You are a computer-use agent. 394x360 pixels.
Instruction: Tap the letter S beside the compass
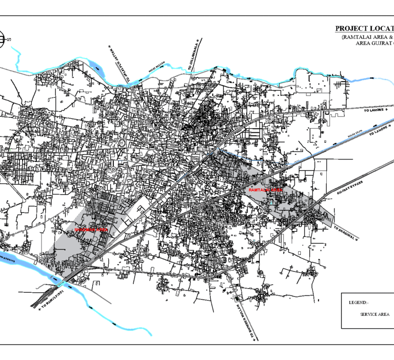coord(9,39)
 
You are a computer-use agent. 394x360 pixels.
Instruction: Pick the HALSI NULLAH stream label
coord(156,66)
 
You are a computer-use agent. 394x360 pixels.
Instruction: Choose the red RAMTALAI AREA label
coord(265,190)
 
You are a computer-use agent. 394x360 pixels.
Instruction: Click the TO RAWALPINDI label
coord(50,297)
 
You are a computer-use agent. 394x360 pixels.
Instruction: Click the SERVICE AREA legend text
coord(375,314)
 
